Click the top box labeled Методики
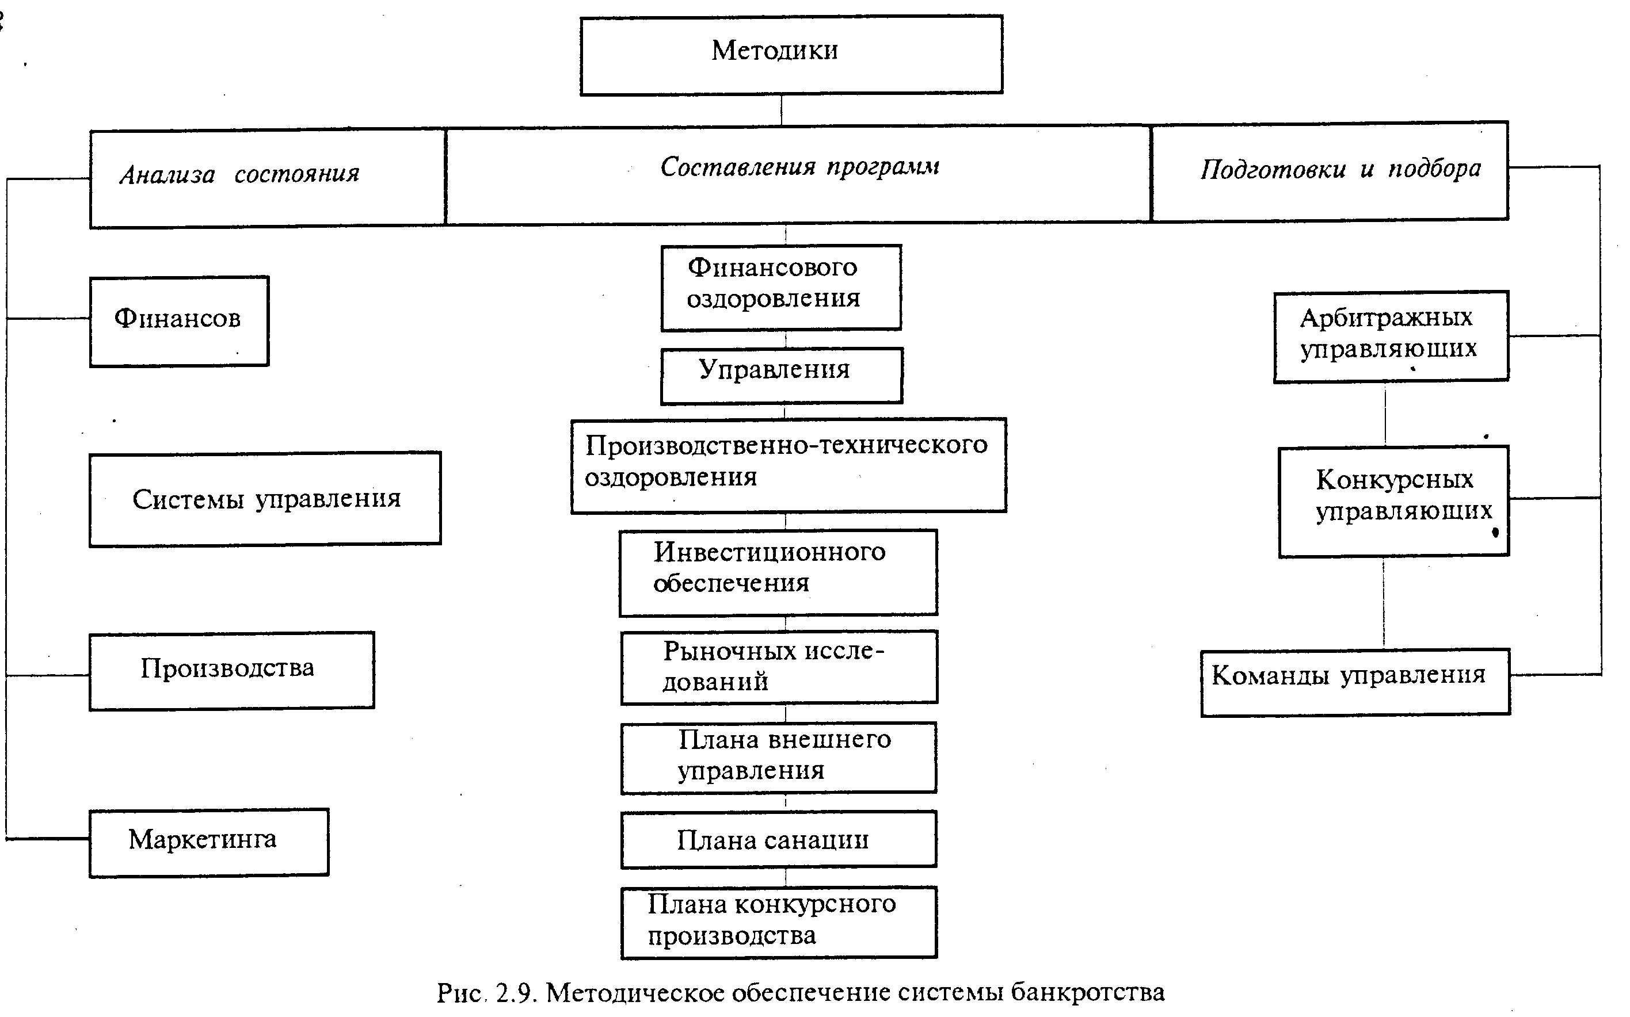tap(791, 55)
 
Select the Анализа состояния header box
tap(267, 178)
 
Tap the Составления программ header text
tap(799, 167)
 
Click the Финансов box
tap(179, 321)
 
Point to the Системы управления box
tap(265, 498)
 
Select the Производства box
tap(231, 670)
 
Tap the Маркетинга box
tap(208, 842)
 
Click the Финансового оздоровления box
tap(780, 287)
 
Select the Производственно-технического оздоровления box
tap(788, 465)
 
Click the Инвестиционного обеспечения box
tap(778, 572)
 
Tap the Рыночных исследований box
tap(779, 667)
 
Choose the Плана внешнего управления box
tap(779, 758)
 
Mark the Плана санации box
tap(779, 839)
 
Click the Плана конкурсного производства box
tap(779, 922)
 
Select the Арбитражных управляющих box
tap(1391, 337)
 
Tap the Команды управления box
tap(1355, 682)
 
